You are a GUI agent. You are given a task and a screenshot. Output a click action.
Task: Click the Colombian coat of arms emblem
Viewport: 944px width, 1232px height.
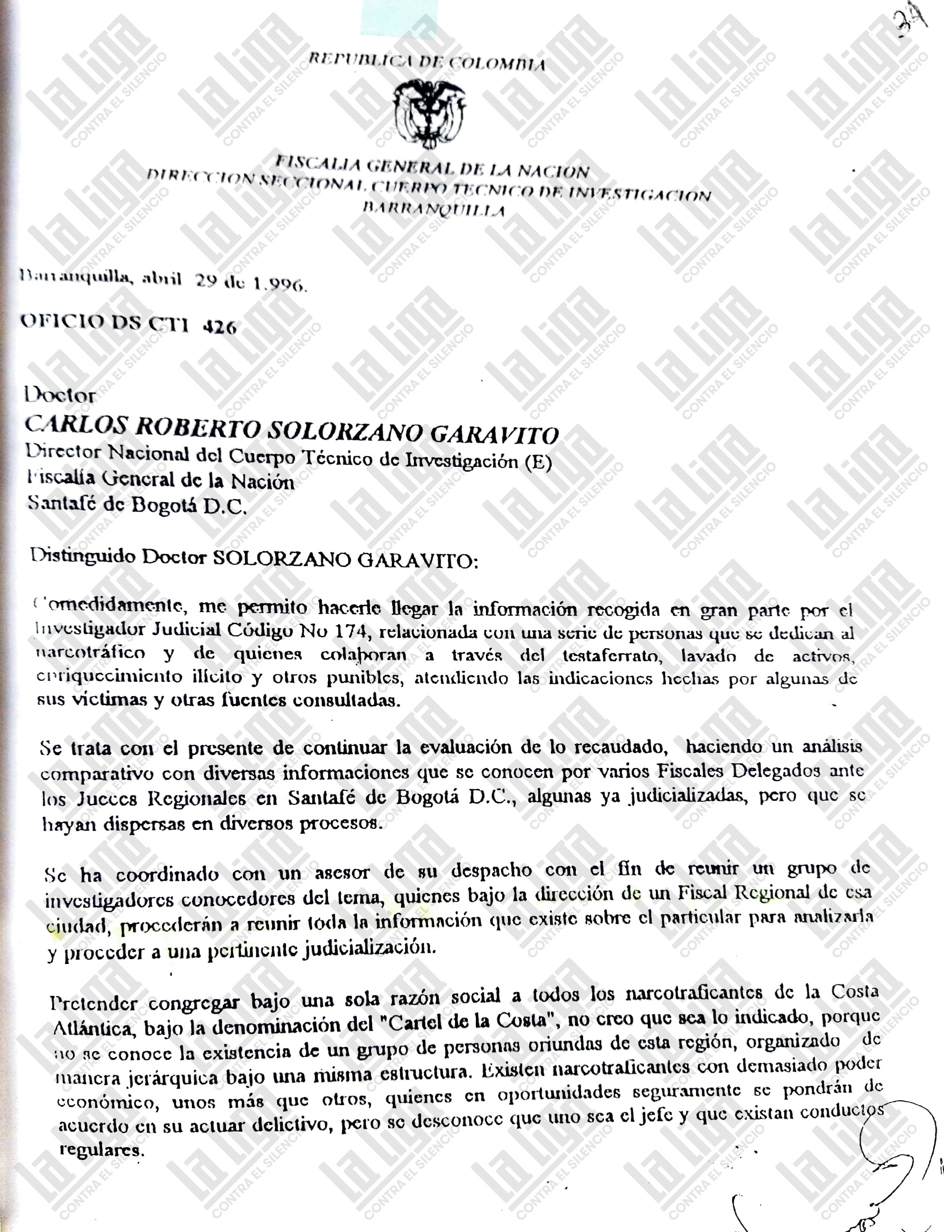[x=430, y=111]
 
